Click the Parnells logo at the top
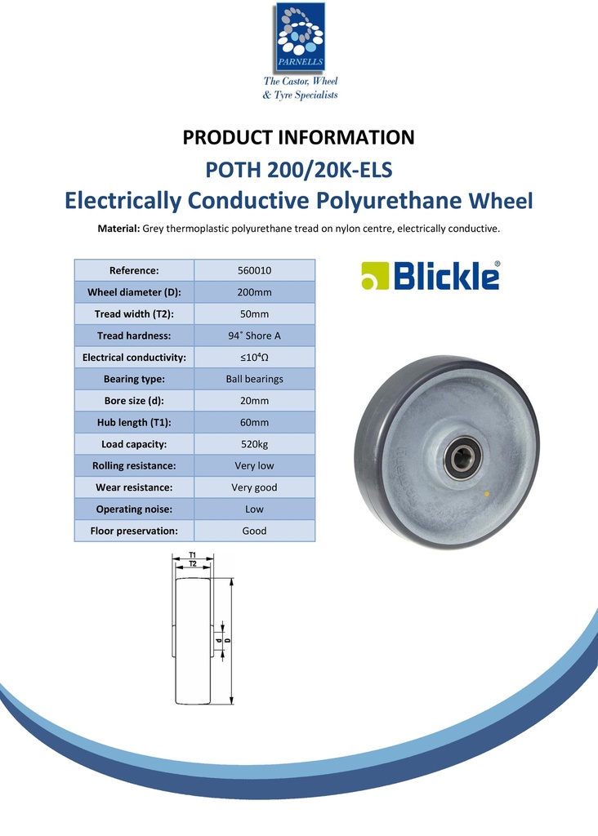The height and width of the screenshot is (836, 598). click(299, 37)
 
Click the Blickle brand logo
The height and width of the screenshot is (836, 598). click(431, 276)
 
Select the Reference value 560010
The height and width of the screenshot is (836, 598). click(254, 271)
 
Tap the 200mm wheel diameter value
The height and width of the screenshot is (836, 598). click(254, 292)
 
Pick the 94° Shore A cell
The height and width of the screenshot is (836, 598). click(254, 336)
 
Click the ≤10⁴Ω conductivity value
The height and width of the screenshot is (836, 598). click(254, 358)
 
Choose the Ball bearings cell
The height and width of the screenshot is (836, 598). click(254, 379)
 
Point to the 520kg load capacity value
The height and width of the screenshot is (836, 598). click(254, 444)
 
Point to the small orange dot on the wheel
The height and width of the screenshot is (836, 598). click(488, 495)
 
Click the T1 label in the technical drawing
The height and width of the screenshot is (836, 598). click(193, 555)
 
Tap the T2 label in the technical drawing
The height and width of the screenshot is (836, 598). click(193, 564)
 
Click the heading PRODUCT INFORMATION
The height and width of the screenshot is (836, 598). click(298, 137)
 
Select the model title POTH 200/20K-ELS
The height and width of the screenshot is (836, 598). click(298, 171)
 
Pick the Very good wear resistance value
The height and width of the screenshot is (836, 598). click(254, 487)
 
